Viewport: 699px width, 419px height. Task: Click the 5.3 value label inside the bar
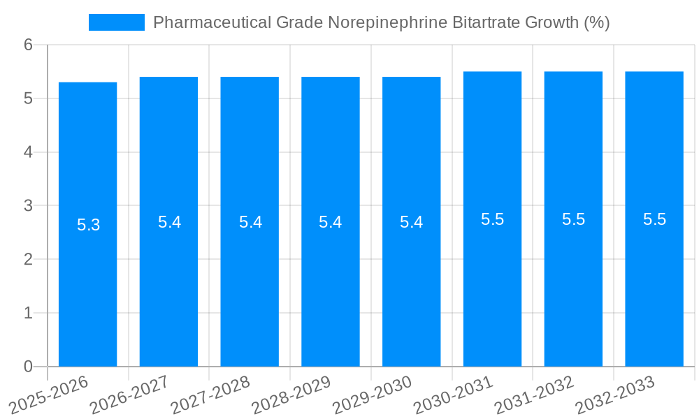coord(89,225)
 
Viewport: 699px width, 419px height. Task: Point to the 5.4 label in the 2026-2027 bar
coord(169,222)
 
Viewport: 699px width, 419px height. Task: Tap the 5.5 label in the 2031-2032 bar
coord(573,219)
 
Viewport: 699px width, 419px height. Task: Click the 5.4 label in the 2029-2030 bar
coord(412,222)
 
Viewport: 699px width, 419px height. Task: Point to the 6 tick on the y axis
coord(28,45)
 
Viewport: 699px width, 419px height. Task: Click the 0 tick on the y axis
coord(28,367)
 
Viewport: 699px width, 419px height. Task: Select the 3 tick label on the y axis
coord(28,206)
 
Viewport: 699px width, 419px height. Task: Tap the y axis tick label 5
coord(28,98)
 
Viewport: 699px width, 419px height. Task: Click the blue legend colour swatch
coord(116,22)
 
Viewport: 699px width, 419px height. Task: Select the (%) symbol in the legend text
coord(596,22)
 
